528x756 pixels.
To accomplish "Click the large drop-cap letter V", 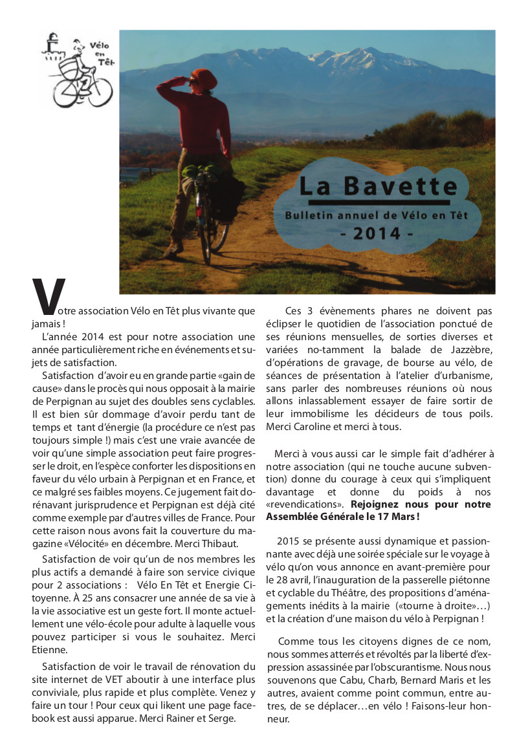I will pyautogui.click(x=49, y=299).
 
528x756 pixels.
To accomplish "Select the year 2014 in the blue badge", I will pyautogui.click(x=376, y=233).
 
